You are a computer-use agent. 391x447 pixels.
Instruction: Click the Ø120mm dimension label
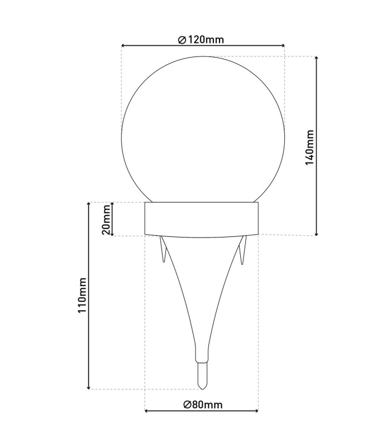(x=201, y=40)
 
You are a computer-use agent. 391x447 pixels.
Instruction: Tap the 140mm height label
(x=309, y=148)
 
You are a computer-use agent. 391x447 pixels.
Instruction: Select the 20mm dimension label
(x=106, y=220)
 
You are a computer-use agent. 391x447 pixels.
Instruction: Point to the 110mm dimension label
(x=82, y=295)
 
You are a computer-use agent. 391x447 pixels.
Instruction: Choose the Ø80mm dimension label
(x=203, y=405)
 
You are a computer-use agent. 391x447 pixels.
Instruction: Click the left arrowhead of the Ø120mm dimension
(x=123, y=45)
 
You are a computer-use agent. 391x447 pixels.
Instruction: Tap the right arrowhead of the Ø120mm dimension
(x=283, y=45)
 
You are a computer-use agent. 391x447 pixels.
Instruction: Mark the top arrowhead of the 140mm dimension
(x=316, y=59)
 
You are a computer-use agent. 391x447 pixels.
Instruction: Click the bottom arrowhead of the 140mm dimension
(x=316, y=234)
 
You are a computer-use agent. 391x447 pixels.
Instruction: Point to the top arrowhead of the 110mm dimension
(x=89, y=205)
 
